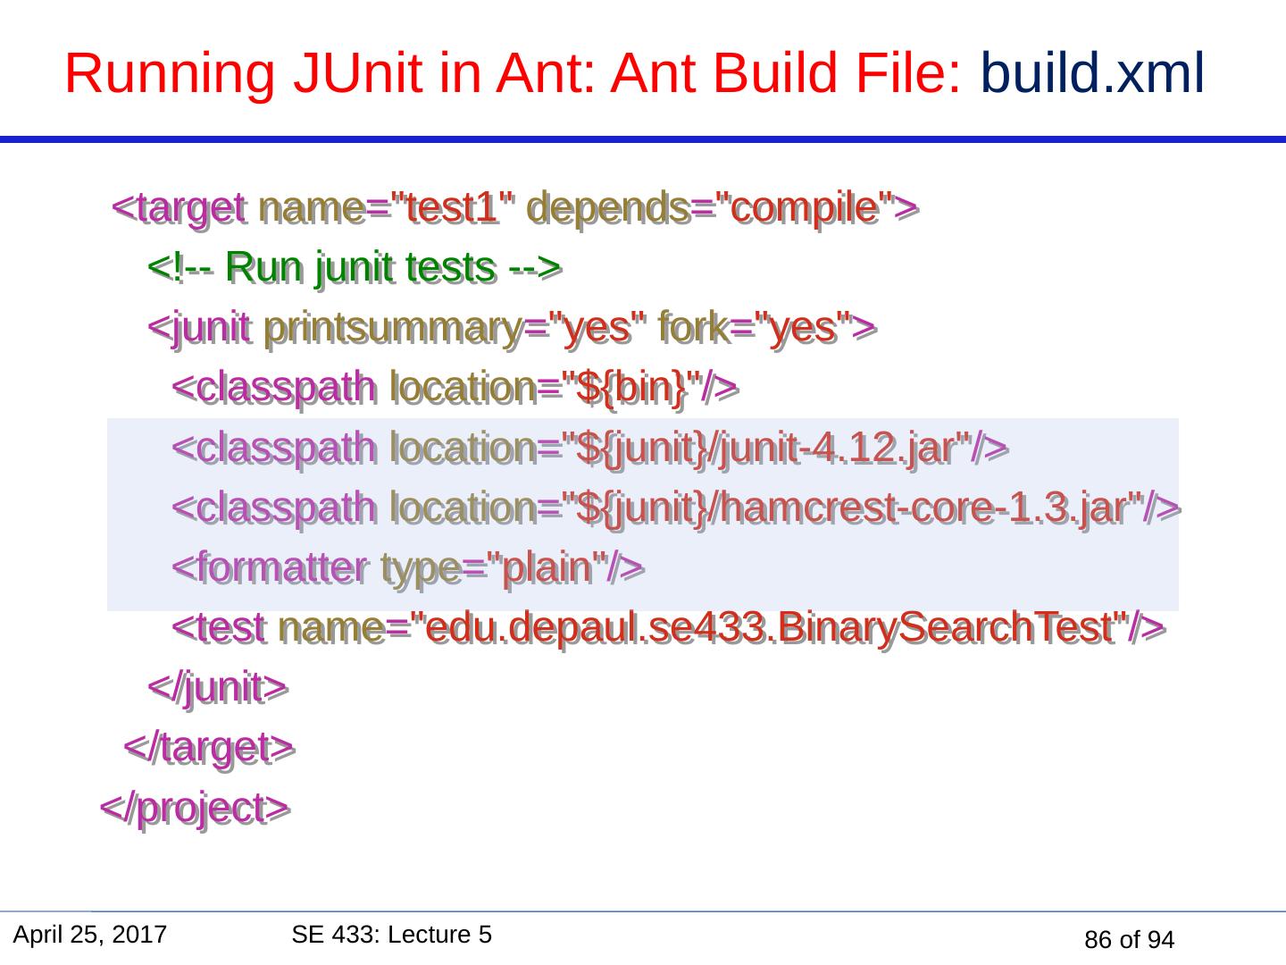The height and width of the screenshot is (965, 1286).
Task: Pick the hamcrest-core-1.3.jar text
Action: tap(924, 508)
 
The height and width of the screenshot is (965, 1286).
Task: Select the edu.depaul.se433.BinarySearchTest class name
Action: tap(772, 627)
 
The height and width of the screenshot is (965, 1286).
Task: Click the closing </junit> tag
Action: tap(217, 687)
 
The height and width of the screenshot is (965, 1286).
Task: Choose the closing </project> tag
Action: tap(194, 808)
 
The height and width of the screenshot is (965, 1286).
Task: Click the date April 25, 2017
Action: tap(90, 936)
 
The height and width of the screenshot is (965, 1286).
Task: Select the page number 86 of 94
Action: tap(1129, 940)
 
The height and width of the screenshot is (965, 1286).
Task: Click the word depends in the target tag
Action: tap(614, 208)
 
